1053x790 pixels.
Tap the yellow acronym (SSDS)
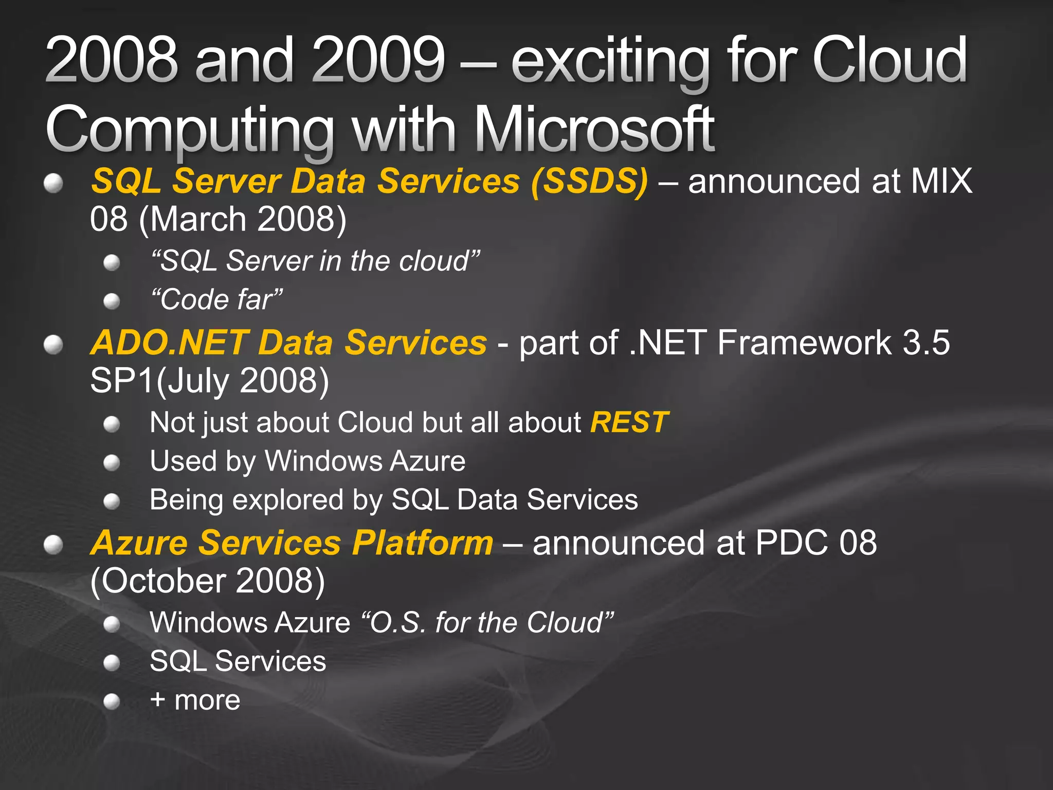coord(590,181)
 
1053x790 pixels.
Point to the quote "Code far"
coord(216,299)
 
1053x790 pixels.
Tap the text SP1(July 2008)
coord(209,381)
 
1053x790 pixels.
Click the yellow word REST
coord(629,423)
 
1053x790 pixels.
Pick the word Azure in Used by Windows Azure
coord(427,461)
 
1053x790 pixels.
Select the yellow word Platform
coord(423,543)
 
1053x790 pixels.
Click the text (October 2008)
coord(207,581)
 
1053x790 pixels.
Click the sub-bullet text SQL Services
coord(238,661)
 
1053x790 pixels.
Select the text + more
coord(195,701)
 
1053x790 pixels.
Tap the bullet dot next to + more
coord(112,702)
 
